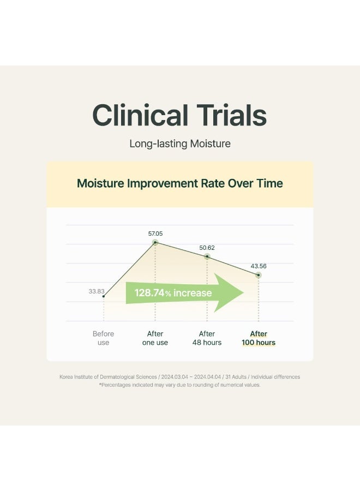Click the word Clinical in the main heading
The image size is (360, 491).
(140, 115)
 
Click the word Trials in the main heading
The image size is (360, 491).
(232, 115)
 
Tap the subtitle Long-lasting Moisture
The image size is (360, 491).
(180, 143)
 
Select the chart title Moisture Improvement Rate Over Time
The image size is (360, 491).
(180, 183)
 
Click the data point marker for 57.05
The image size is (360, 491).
(155, 242)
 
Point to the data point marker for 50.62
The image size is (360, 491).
(207, 256)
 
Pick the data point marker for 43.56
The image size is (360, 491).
(258, 275)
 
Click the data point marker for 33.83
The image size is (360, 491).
(104, 296)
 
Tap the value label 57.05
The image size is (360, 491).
(155, 233)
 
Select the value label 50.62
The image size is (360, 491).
(207, 248)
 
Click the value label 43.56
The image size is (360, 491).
(259, 266)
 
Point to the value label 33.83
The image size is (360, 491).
(97, 291)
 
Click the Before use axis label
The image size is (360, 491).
(103, 338)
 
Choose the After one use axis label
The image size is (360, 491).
(155, 338)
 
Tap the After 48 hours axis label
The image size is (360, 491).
(207, 338)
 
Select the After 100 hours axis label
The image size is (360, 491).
(259, 338)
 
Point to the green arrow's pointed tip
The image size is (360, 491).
(244, 293)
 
